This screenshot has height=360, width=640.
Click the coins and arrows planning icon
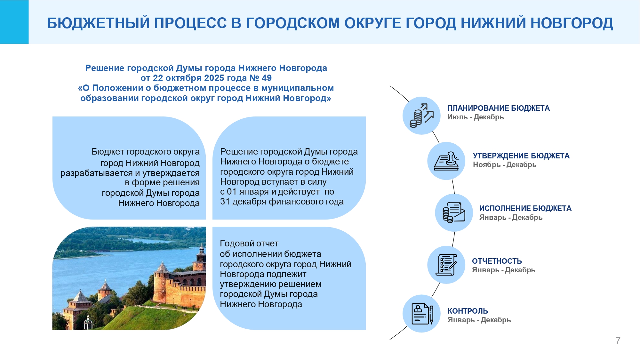[422, 116]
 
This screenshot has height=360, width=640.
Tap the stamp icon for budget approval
[446, 161]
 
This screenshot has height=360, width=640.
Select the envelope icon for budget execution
[454, 212]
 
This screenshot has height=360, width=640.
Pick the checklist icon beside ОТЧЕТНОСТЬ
[446, 265]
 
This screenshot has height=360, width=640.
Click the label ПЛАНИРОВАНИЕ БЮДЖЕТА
[499, 108]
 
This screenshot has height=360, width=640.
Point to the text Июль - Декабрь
[476, 117]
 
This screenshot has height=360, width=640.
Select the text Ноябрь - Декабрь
[505, 165]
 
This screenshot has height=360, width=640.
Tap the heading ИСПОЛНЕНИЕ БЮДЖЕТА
[525, 208]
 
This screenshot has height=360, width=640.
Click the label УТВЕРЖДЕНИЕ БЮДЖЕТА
[521, 156]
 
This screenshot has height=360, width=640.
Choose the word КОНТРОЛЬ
[468, 311]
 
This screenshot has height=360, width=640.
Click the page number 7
[618, 341]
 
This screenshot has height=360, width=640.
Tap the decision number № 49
[260, 78]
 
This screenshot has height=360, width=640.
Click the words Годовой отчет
[249, 244]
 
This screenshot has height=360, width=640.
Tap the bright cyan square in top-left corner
[14, 22]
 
